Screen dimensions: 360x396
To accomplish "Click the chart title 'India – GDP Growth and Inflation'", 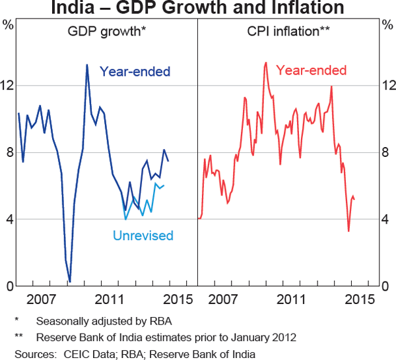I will pos(197,9).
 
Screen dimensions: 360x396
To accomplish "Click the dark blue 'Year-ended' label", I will pos(135,71).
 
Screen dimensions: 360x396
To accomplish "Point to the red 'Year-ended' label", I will pos(311,71).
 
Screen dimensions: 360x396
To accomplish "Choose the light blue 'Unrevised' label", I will pos(143,235).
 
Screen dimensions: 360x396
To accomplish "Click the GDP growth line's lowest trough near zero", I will pos(70,282).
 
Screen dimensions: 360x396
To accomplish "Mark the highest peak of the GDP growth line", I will pos(87,65).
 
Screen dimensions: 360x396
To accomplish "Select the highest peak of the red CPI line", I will pos(265,63).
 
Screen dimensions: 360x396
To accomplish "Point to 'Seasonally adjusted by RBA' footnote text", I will pos(102,322).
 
